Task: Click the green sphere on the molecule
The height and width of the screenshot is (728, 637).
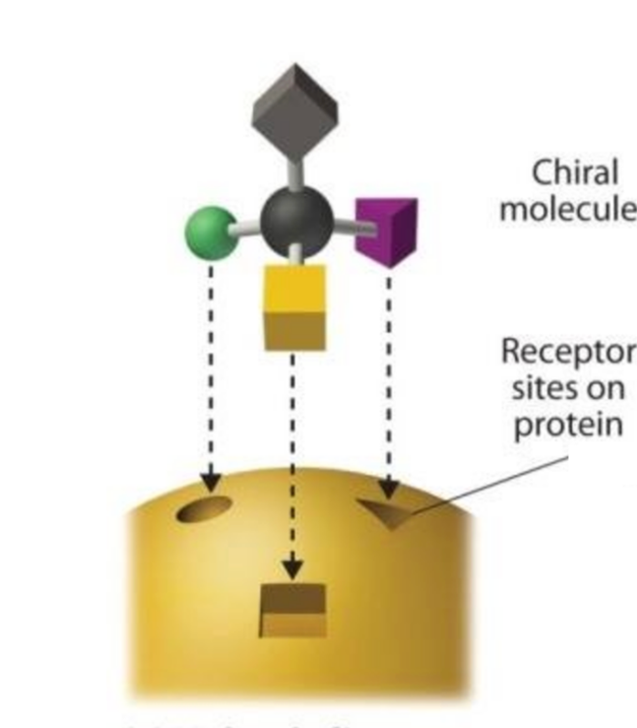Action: (x=210, y=232)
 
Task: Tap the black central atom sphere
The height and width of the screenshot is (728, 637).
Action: (x=295, y=220)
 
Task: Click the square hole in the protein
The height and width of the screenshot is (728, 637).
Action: (x=292, y=610)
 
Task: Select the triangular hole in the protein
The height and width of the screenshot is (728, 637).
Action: (x=387, y=513)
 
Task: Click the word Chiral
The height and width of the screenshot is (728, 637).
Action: (x=574, y=172)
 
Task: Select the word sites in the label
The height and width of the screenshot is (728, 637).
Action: (x=547, y=388)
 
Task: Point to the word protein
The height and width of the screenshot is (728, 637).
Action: (x=569, y=424)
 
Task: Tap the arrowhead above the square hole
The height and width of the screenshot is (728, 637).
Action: (x=292, y=570)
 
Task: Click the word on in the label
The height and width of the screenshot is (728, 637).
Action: (x=606, y=389)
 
